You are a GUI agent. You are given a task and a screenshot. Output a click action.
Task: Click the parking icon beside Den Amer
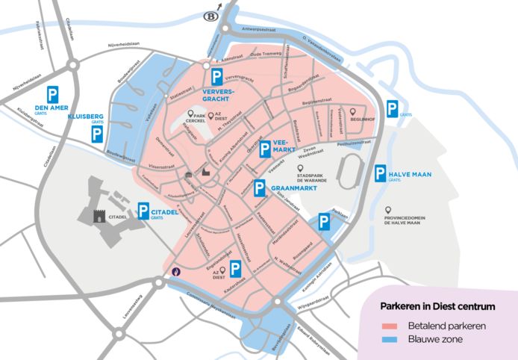coord(54,96)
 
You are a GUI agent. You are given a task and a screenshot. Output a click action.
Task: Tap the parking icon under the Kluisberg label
coord(98,135)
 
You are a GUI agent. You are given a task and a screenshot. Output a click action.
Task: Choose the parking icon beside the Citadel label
coord(143,212)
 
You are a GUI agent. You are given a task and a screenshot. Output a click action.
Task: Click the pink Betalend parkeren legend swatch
coord(387,326)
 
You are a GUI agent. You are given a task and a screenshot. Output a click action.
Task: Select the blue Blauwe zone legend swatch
coord(387,340)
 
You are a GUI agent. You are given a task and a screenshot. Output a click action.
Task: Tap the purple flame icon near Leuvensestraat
coord(177,271)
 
